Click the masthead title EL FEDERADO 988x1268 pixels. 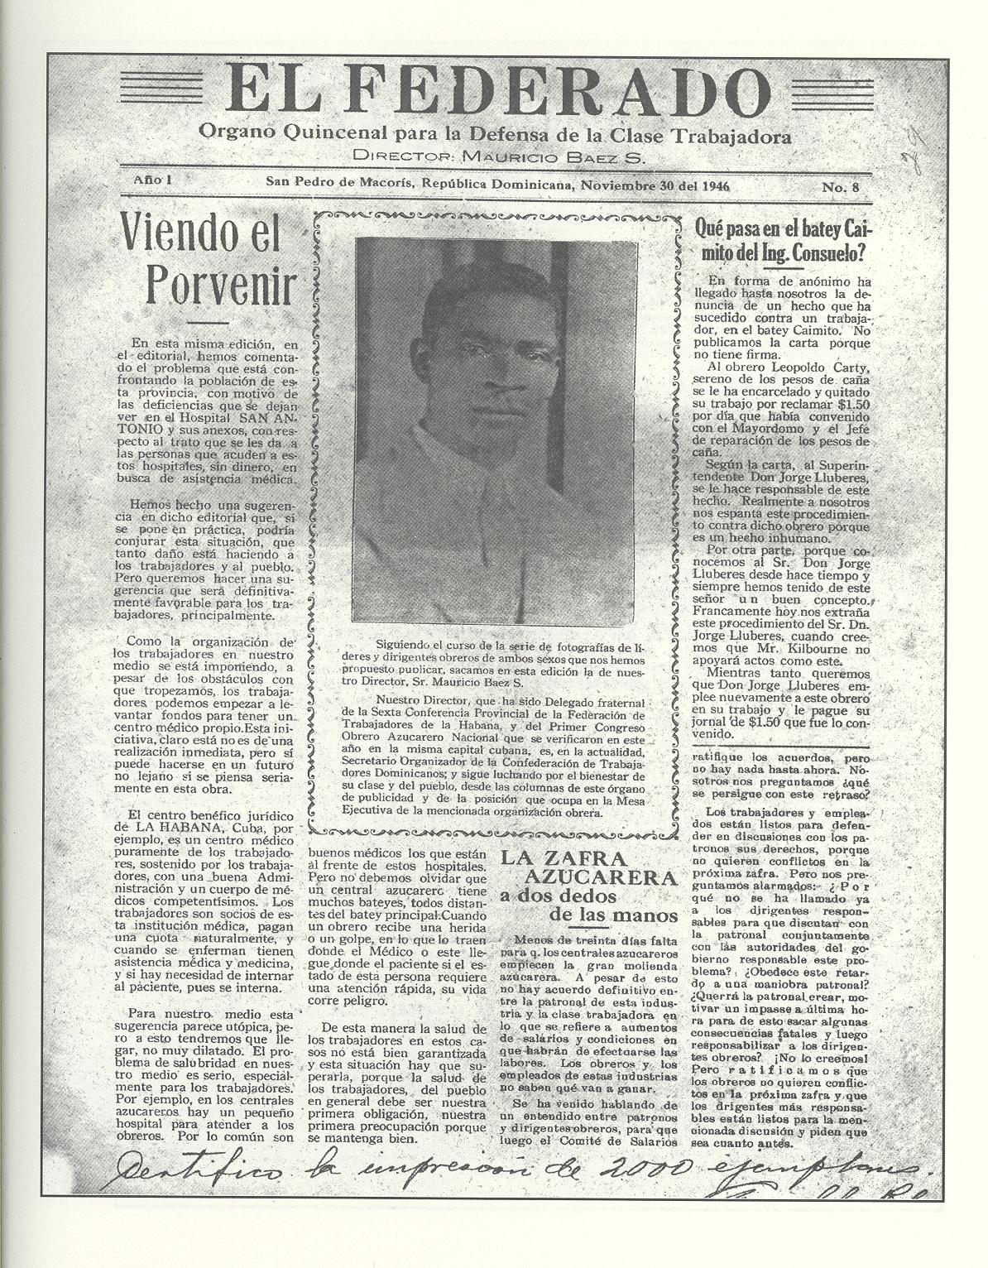point(493,94)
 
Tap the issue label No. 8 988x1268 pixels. point(840,187)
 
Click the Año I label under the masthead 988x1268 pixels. point(151,180)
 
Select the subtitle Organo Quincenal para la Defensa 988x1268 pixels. point(494,135)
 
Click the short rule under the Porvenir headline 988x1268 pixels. point(208,321)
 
